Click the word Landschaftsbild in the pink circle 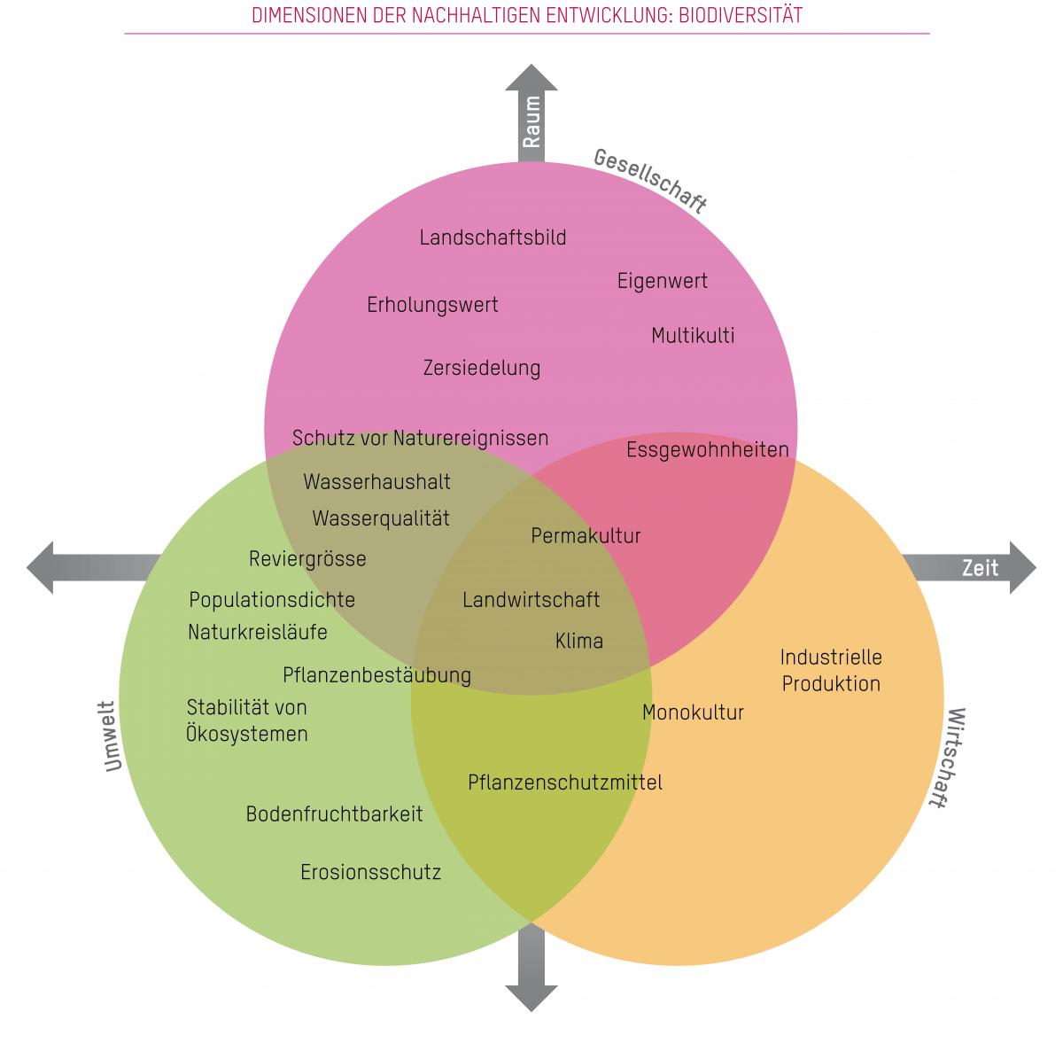point(493,237)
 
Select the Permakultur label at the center point(586,536)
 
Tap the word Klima point(579,641)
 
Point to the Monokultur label point(693,712)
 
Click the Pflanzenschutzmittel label point(565,782)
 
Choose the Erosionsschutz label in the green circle point(370,872)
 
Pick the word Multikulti point(693,336)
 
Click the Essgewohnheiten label point(707,449)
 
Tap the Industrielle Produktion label point(831,671)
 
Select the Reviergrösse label point(307,559)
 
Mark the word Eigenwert point(663,282)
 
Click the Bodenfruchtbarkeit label point(334,814)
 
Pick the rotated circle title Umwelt point(111,736)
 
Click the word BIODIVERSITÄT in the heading point(746,16)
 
